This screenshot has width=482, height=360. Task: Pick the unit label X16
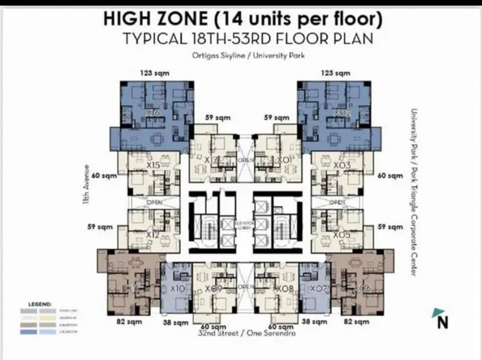(152, 113)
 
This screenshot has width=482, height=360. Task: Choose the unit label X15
(153, 165)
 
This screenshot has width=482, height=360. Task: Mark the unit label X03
(342, 165)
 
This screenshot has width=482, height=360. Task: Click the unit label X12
(152, 234)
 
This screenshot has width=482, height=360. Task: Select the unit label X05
(341, 234)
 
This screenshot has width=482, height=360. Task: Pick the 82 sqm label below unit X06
(356, 322)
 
